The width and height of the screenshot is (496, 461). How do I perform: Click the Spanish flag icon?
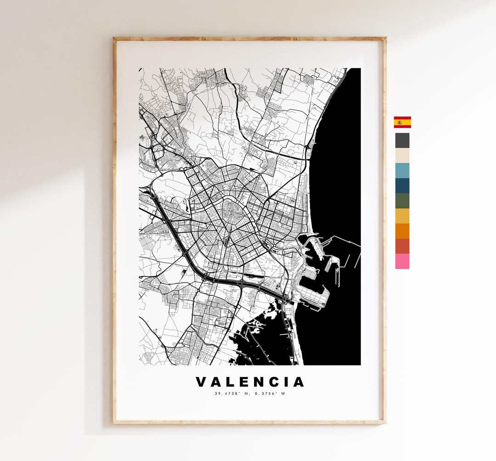pos(402,122)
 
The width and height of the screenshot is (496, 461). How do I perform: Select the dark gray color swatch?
pos(402,141)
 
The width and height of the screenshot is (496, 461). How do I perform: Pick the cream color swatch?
pos(402,156)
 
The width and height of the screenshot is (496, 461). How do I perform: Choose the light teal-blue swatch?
pos(402,170)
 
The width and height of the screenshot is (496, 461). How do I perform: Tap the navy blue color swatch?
pos(402,186)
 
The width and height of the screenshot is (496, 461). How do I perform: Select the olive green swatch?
pos(402,201)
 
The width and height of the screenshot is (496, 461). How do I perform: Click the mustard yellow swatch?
pos(402,216)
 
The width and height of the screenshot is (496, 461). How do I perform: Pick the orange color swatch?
pos(402,231)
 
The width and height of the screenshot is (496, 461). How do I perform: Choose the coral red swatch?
pos(402,246)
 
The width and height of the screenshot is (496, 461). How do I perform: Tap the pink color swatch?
pos(402,261)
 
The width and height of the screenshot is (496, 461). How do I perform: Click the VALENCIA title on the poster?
pos(250,382)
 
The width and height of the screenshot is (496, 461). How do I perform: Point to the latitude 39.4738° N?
pos(231,394)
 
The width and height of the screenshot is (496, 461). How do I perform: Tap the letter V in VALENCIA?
pos(201,382)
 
